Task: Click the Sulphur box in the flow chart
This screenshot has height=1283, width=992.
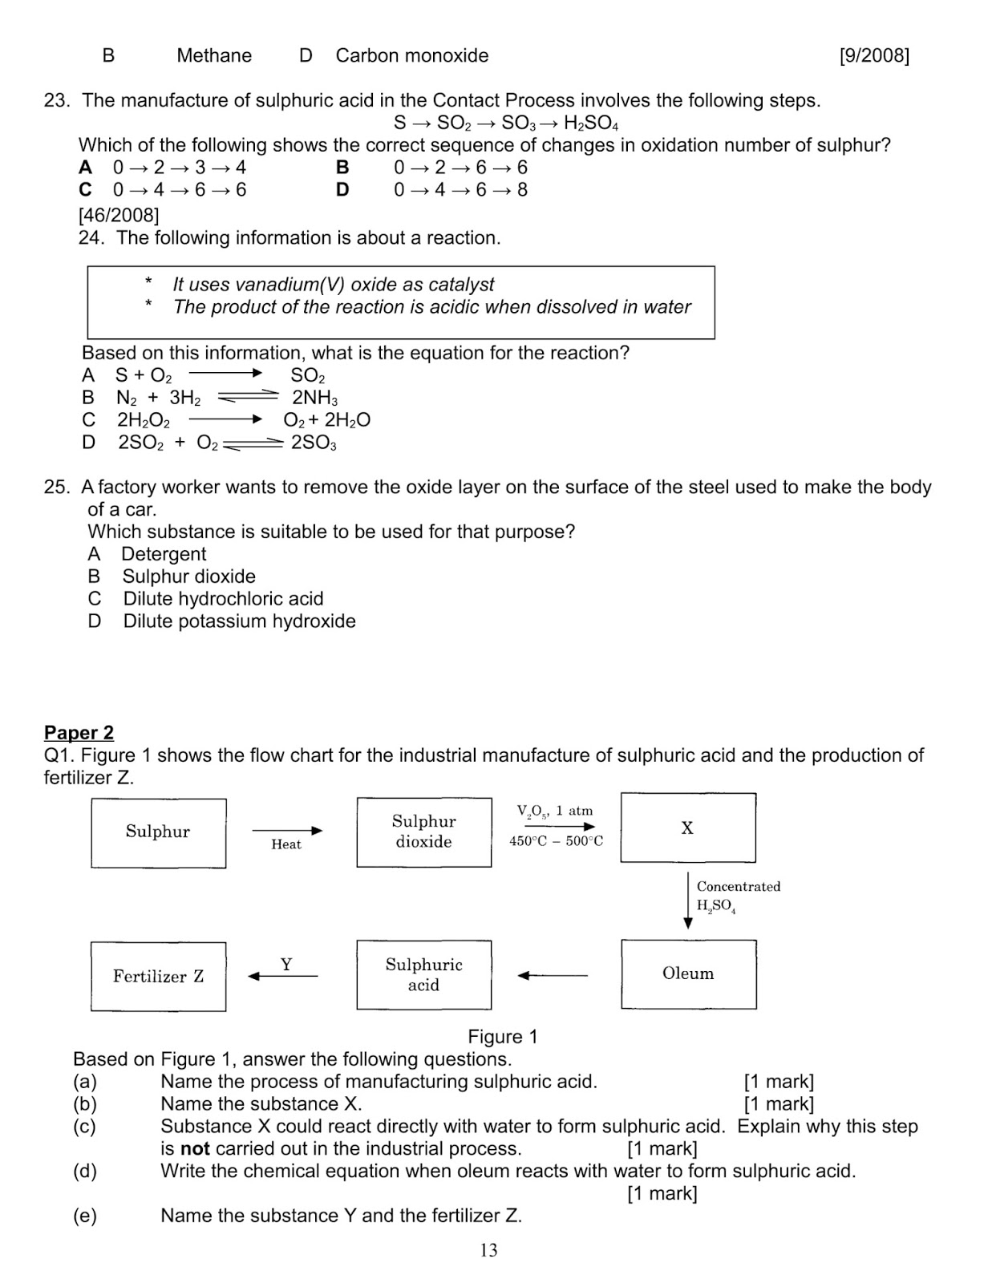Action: (x=158, y=832)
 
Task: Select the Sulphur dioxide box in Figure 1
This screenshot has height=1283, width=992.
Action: (x=423, y=832)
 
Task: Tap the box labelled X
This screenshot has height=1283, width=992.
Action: (x=687, y=828)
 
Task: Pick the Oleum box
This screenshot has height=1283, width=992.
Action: (x=688, y=973)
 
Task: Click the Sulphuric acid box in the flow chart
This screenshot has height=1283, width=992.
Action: (x=423, y=974)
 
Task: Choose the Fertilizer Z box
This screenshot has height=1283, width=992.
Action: (x=158, y=976)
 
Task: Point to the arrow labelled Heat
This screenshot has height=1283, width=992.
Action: (x=287, y=831)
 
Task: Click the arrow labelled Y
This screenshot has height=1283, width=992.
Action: (x=283, y=976)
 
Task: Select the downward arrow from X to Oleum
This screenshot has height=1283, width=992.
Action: (x=687, y=900)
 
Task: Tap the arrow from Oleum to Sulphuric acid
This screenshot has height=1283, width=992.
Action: (x=553, y=975)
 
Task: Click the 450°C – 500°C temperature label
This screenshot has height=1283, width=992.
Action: (x=556, y=841)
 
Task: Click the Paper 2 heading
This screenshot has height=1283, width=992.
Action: (x=79, y=732)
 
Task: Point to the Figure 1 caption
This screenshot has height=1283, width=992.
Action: (x=502, y=1036)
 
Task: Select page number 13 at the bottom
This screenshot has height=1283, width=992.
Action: (x=488, y=1249)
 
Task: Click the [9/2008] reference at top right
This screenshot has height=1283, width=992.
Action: (x=873, y=55)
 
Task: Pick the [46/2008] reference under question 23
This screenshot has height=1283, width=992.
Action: (x=119, y=215)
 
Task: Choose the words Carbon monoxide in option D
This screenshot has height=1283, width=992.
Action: (x=411, y=55)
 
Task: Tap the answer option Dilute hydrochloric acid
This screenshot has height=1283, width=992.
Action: (x=223, y=598)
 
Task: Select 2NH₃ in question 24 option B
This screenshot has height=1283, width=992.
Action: (x=314, y=398)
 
